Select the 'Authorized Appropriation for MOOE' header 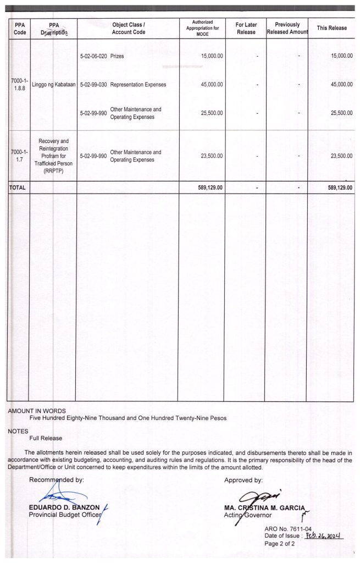pos(202,28)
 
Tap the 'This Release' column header pos(331,28)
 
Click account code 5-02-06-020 pos(93,57)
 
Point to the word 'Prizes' pos(117,57)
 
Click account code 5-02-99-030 pos(93,85)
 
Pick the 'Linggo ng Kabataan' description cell pos(54,85)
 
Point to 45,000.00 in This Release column pos(341,85)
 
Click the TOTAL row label pos(18,187)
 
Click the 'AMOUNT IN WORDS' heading pos(37,411)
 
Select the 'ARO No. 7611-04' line pos(288,528)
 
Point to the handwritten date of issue pos(323,536)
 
